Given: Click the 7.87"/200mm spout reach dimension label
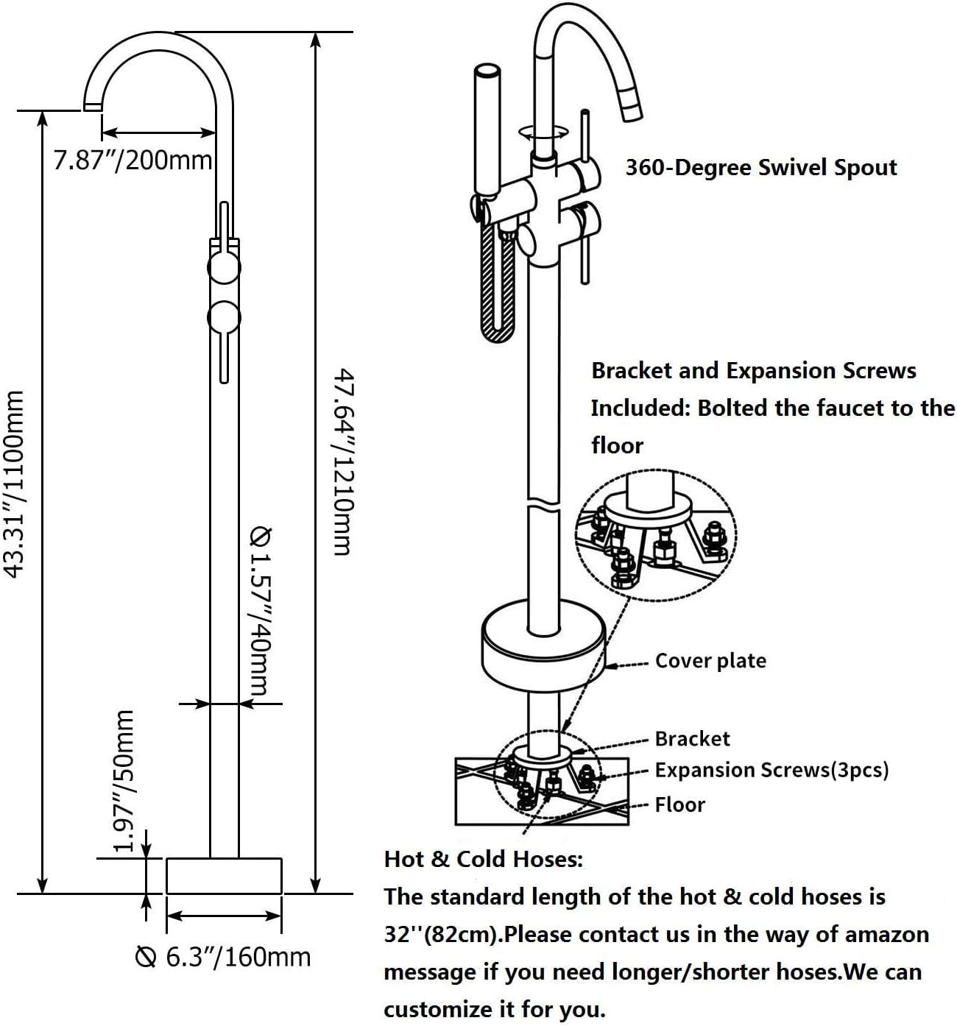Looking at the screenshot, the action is click(133, 160).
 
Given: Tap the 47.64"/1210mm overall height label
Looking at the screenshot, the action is click(343, 461).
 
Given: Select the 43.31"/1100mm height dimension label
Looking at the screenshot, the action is click(13, 484).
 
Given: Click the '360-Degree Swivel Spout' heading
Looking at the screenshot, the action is click(761, 168).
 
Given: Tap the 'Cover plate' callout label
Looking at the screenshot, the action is click(710, 661).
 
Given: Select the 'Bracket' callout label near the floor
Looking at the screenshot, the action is click(693, 739).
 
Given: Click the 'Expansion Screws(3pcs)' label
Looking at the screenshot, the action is click(772, 770).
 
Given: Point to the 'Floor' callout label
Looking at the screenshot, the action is click(679, 804).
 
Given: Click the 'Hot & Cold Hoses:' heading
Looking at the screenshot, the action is click(484, 859).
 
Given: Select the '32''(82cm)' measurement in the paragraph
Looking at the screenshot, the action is click(443, 935).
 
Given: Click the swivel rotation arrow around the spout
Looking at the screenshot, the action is click(544, 132).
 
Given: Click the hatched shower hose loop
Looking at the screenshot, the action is click(497, 282).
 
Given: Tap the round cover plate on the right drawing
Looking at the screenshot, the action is click(543, 645).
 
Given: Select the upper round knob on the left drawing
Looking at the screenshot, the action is click(224, 267).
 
